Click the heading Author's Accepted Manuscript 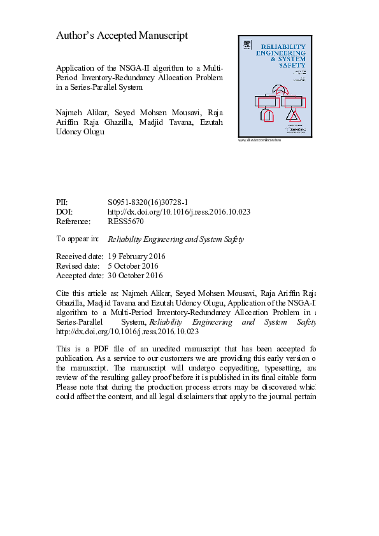tap(122, 36)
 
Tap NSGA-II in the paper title tap(132, 67)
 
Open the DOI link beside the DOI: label tap(178, 211)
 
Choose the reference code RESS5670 tap(126, 222)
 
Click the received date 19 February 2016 tap(137, 257)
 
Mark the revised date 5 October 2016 tap(133, 266)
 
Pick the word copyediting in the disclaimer tap(222, 368)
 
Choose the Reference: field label tap(73, 222)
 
